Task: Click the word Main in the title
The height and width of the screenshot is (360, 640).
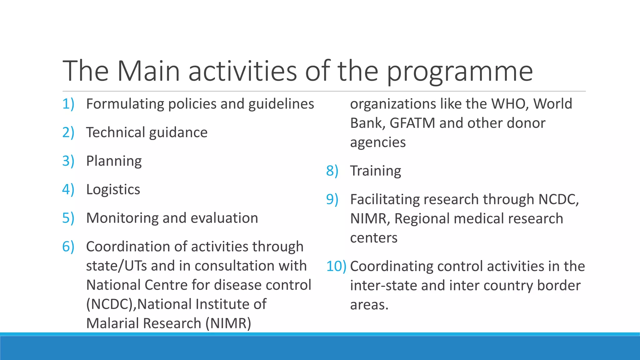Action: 148,71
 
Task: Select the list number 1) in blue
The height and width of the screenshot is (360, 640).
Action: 68,104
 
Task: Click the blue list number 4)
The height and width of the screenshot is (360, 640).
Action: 68,189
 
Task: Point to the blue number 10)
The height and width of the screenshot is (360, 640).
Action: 336,266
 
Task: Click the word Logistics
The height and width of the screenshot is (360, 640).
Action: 113,190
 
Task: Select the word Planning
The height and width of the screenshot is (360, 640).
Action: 114,161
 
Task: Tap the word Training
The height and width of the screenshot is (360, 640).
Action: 375,171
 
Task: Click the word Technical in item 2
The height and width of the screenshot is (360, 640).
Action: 115,132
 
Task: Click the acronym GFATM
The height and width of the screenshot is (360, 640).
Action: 412,123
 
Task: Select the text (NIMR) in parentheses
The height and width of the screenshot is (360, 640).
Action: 228,323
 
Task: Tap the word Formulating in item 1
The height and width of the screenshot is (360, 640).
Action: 125,104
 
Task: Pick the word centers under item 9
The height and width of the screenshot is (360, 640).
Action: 373,238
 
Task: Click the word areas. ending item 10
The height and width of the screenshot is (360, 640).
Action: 369,305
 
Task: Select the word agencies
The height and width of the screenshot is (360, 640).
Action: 377,142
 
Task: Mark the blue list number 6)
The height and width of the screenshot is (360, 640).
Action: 68,247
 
